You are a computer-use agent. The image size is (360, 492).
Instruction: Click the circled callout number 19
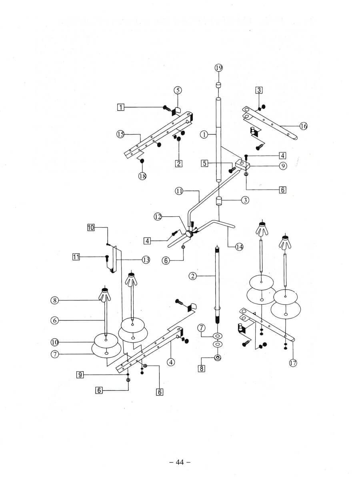point(219,68)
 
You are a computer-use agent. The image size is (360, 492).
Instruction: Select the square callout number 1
point(120,107)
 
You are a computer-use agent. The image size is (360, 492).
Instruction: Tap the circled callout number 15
point(120,134)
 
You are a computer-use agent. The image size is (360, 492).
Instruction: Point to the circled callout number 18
point(142,177)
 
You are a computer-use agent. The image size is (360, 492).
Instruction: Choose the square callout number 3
point(259,90)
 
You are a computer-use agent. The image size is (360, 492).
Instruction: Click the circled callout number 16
point(304,126)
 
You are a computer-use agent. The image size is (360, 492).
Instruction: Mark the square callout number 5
point(205,163)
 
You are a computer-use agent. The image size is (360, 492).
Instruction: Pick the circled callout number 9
point(283,165)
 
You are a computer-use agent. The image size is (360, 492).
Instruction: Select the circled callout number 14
point(239,247)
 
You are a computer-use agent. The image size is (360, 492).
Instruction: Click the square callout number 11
point(76,257)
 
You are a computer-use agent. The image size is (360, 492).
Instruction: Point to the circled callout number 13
point(146,260)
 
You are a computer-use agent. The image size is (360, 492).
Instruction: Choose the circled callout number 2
point(193,276)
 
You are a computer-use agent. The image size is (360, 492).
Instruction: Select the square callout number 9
point(80,374)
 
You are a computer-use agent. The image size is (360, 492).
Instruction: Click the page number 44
point(180,462)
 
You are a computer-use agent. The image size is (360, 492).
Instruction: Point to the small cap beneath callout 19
point(219,85)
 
